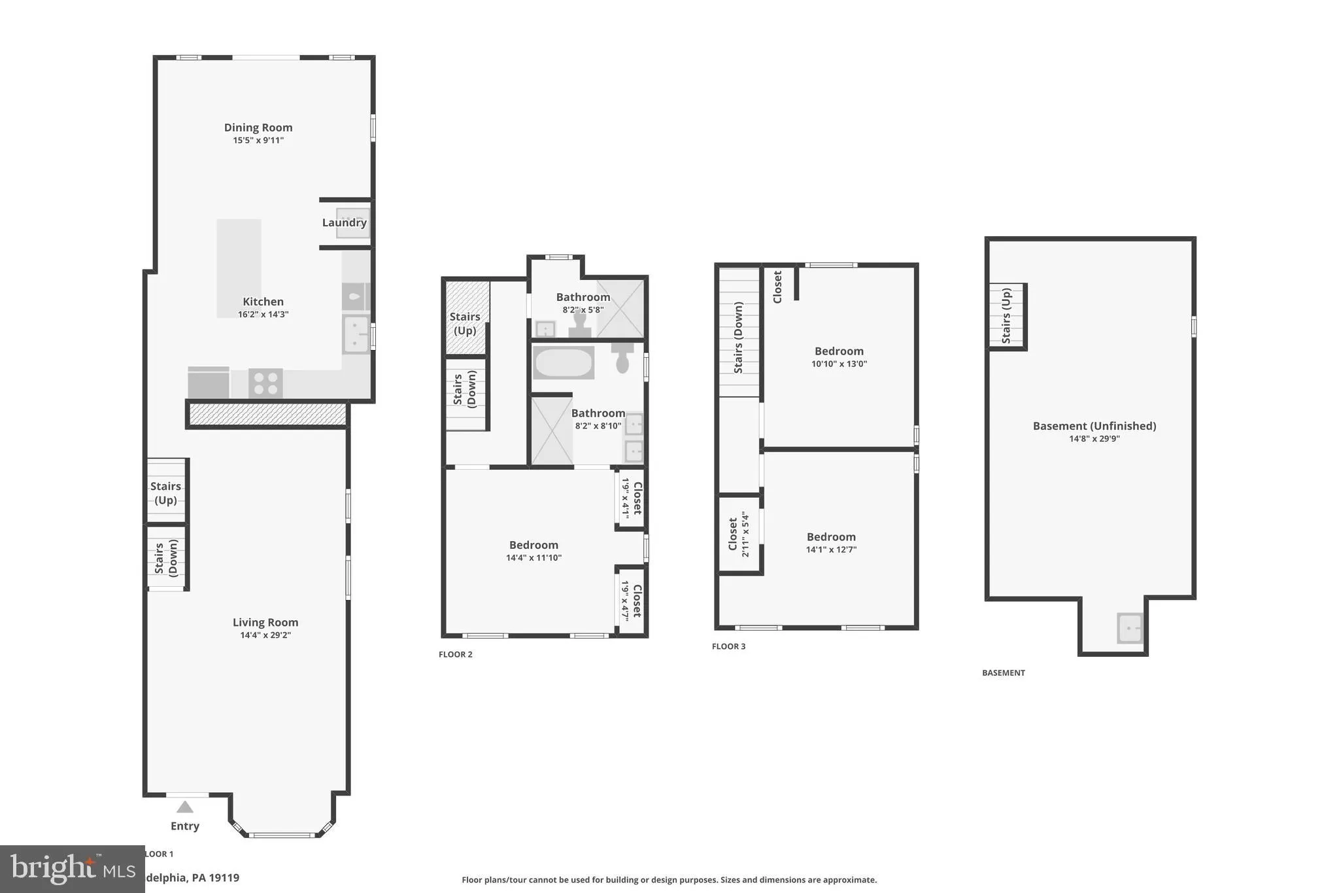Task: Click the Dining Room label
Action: [x=258, y=128]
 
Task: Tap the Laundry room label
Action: [x=344, y=222]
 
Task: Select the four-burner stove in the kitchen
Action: [x=265, y=383]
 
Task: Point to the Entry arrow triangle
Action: [x=185, y=807]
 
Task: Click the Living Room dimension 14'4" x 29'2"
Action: [x=265, y=635]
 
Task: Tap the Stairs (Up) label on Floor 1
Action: [x=165, y=493]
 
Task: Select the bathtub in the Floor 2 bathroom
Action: [x=564, y=362]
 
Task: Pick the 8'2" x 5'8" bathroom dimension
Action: [x=583, y=310]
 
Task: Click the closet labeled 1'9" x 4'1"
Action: [x=632, y=499]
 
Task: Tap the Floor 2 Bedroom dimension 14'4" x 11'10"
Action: [x=534, y=558]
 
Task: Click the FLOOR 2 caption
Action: [x=455, y=654]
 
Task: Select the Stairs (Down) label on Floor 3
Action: [x=738, y=338]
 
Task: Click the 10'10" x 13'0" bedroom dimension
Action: [x=839, y=364]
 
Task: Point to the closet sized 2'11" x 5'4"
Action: [x=739, y=534]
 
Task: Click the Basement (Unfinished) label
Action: [x=1094, y=426]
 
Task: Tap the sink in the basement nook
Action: [x=1130, y=628]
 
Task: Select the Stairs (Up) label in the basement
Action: [x=1006, y=317]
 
